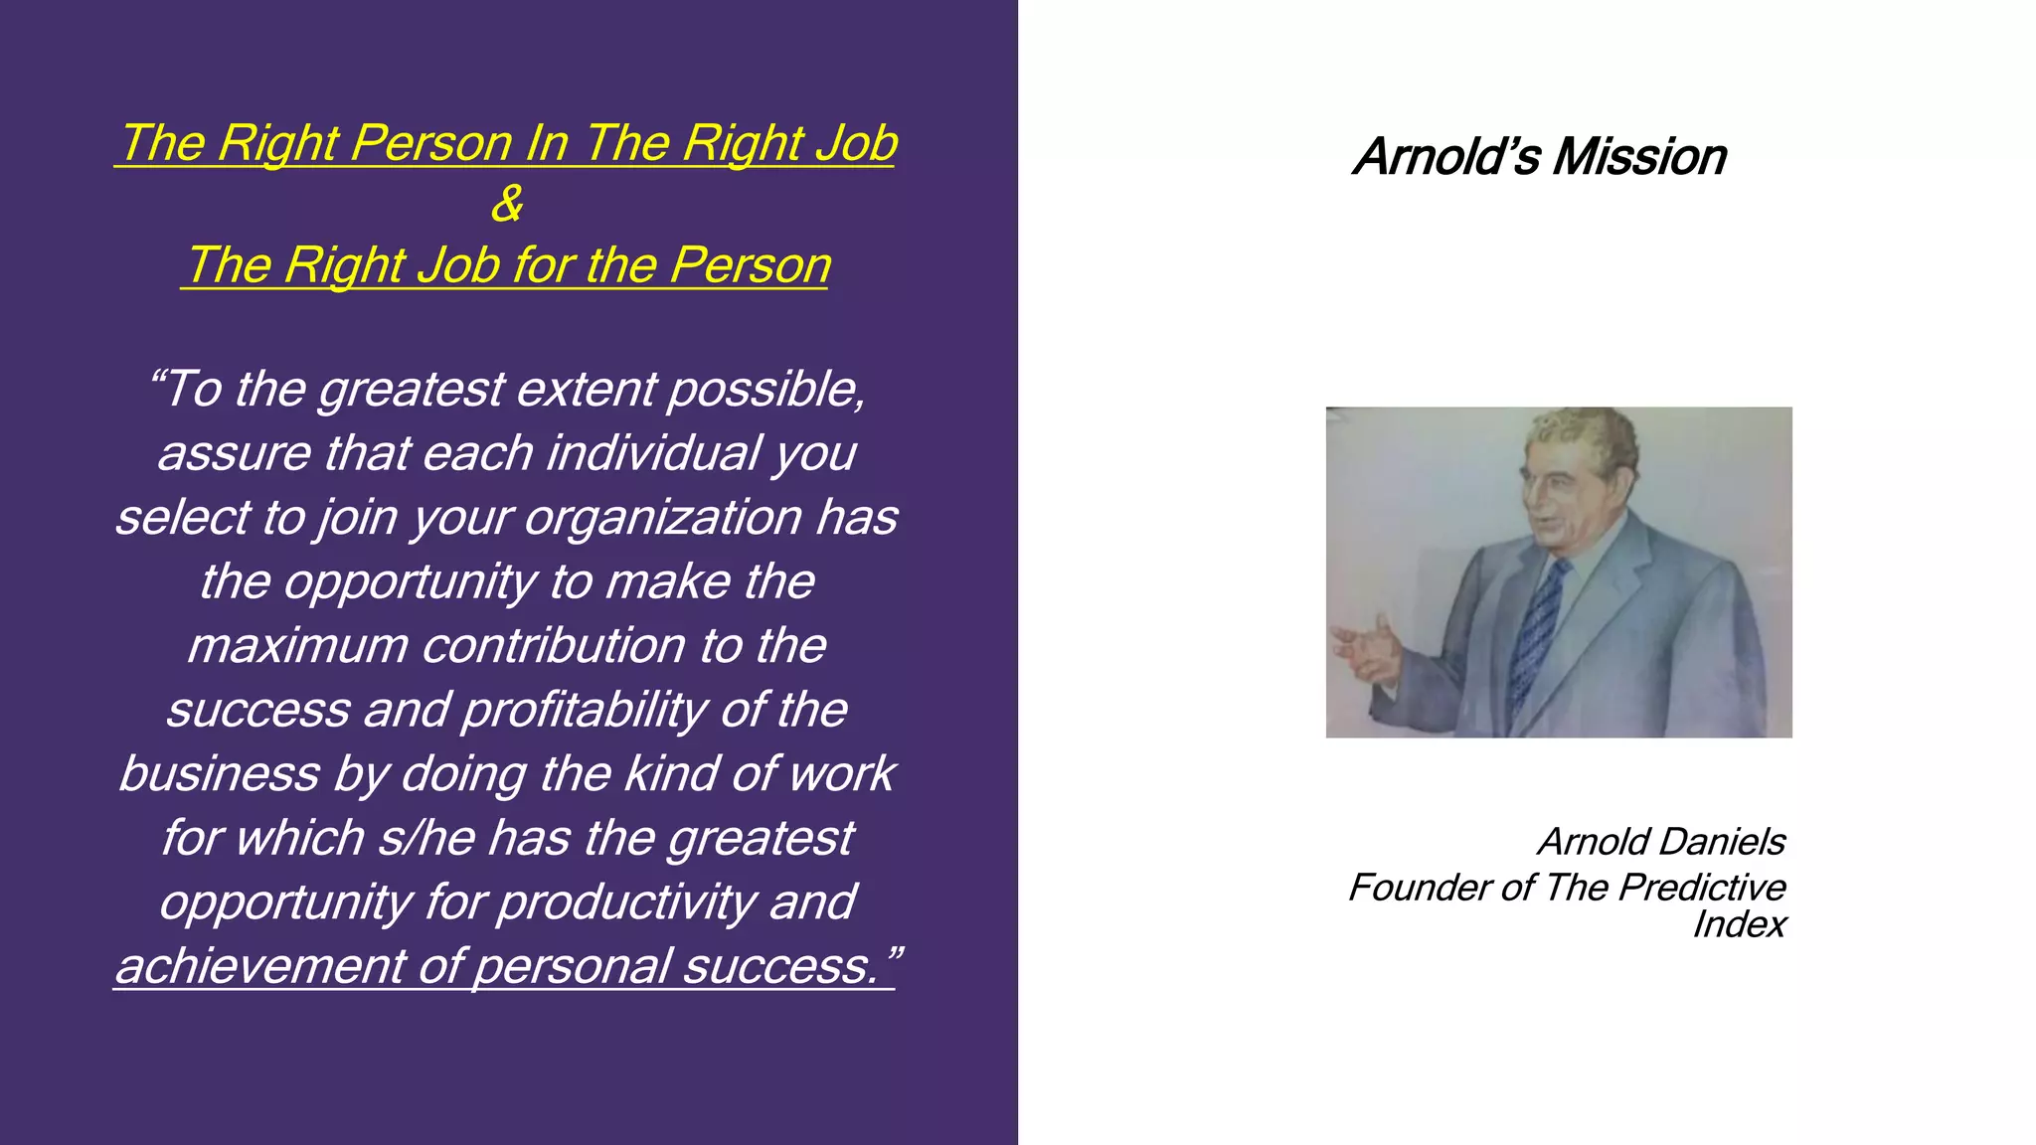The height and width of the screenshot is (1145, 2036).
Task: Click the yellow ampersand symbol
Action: pyautogui.click(x=507, y=204)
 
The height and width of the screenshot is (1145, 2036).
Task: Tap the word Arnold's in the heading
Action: pyautogui.click(x=1447, y=157)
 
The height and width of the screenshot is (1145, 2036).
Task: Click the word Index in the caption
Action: pyautogui.click(x=1739, y=924)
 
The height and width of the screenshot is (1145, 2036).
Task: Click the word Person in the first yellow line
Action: pyautogui.click(x=432, y=143)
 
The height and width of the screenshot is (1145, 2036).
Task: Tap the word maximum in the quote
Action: pyautogui.click(x=297, y=646)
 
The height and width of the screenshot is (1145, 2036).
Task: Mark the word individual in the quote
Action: pyautogui.click(x=653, y=453)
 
